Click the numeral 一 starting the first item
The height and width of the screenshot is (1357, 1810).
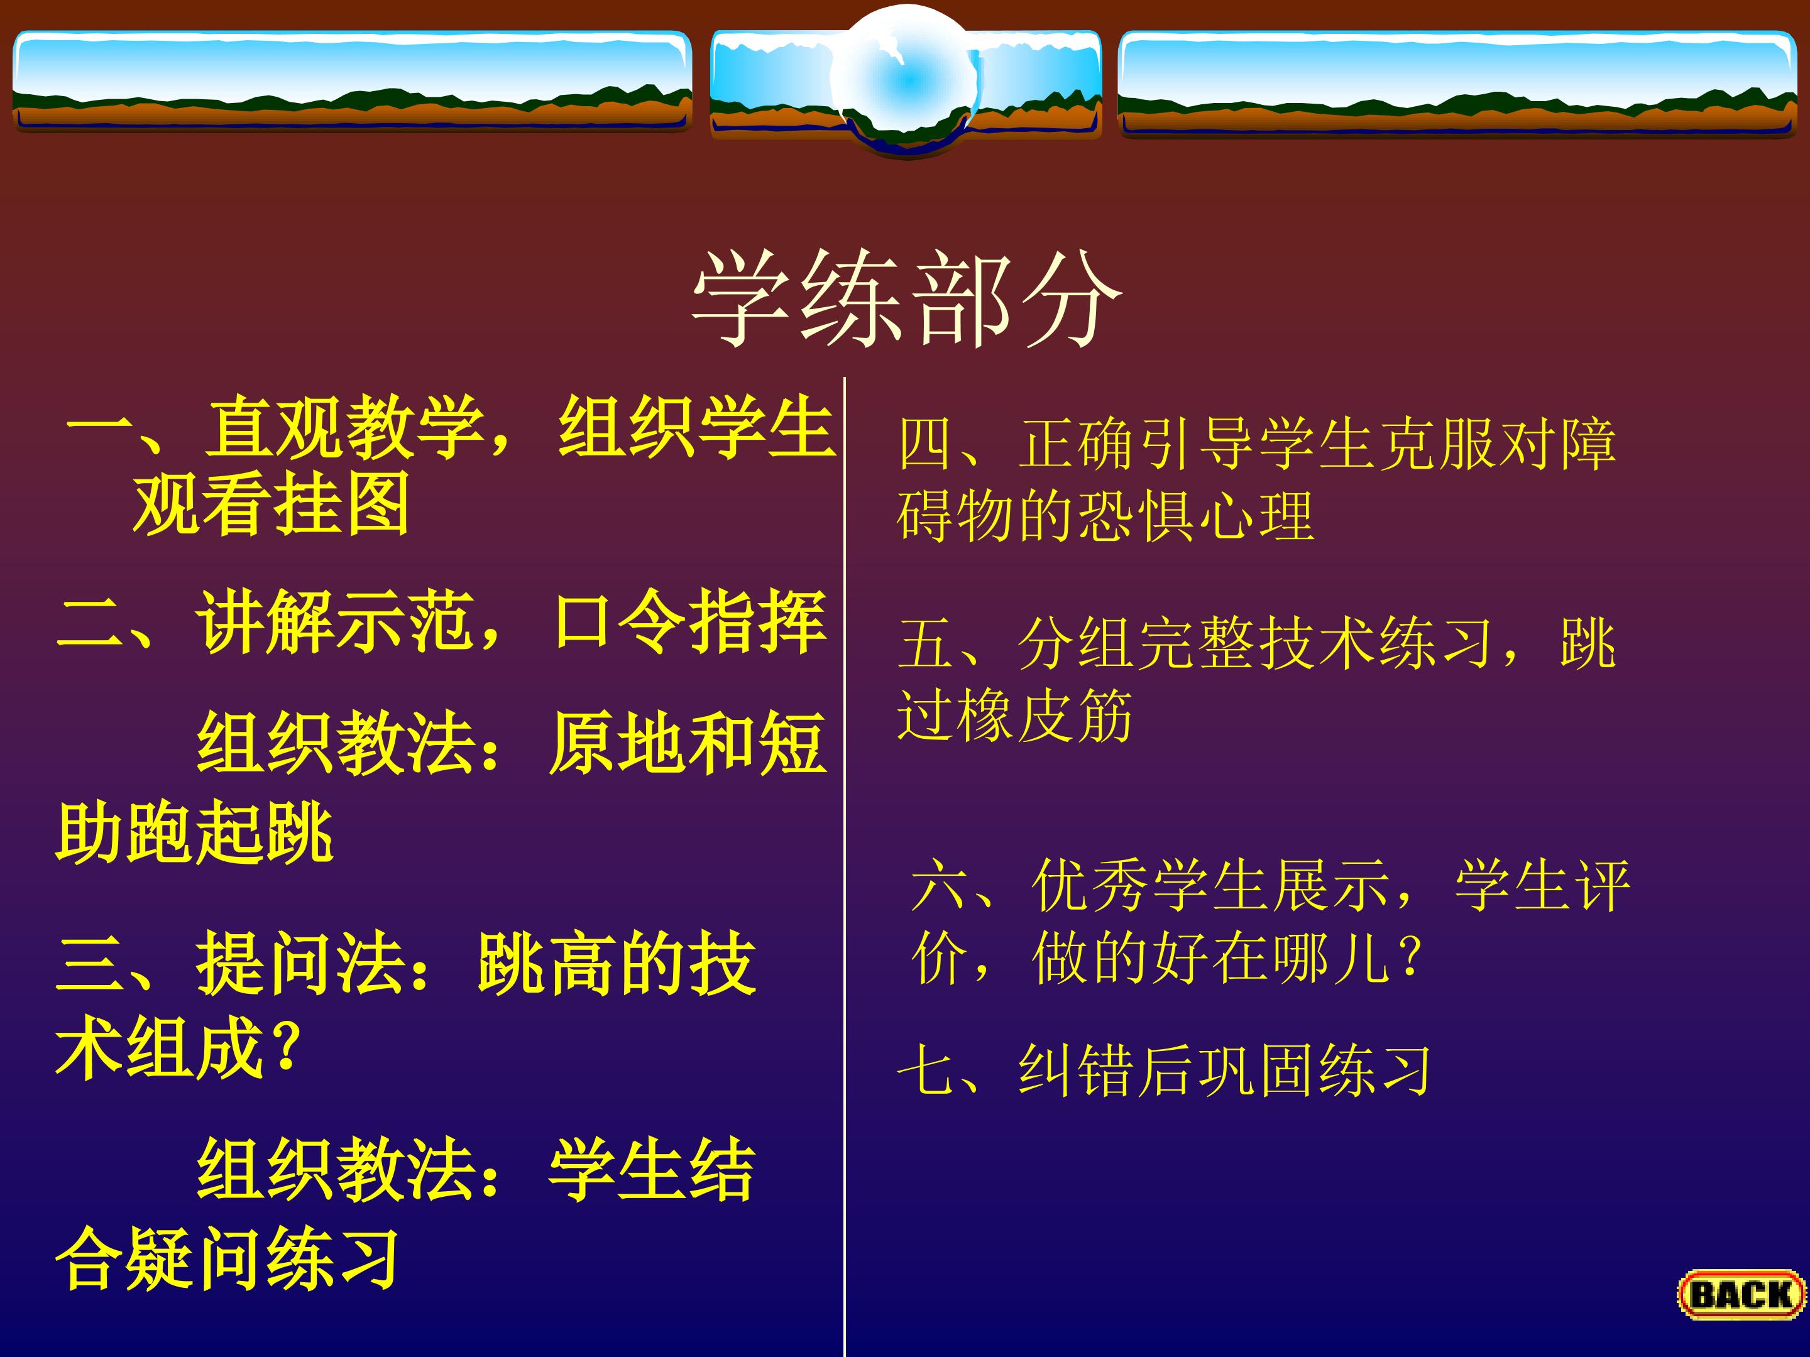pyautogui.click(x=99, y=427)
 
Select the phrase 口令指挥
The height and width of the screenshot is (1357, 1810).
pyautogui.click(x=690, y=622)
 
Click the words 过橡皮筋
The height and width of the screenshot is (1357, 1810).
pyautogui.click(x=1014, y=716)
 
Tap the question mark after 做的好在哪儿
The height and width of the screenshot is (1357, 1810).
pyautogui.click(x=1410, y=957)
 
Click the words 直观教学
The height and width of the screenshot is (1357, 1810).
pyautogui.click(x=344, y=427)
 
